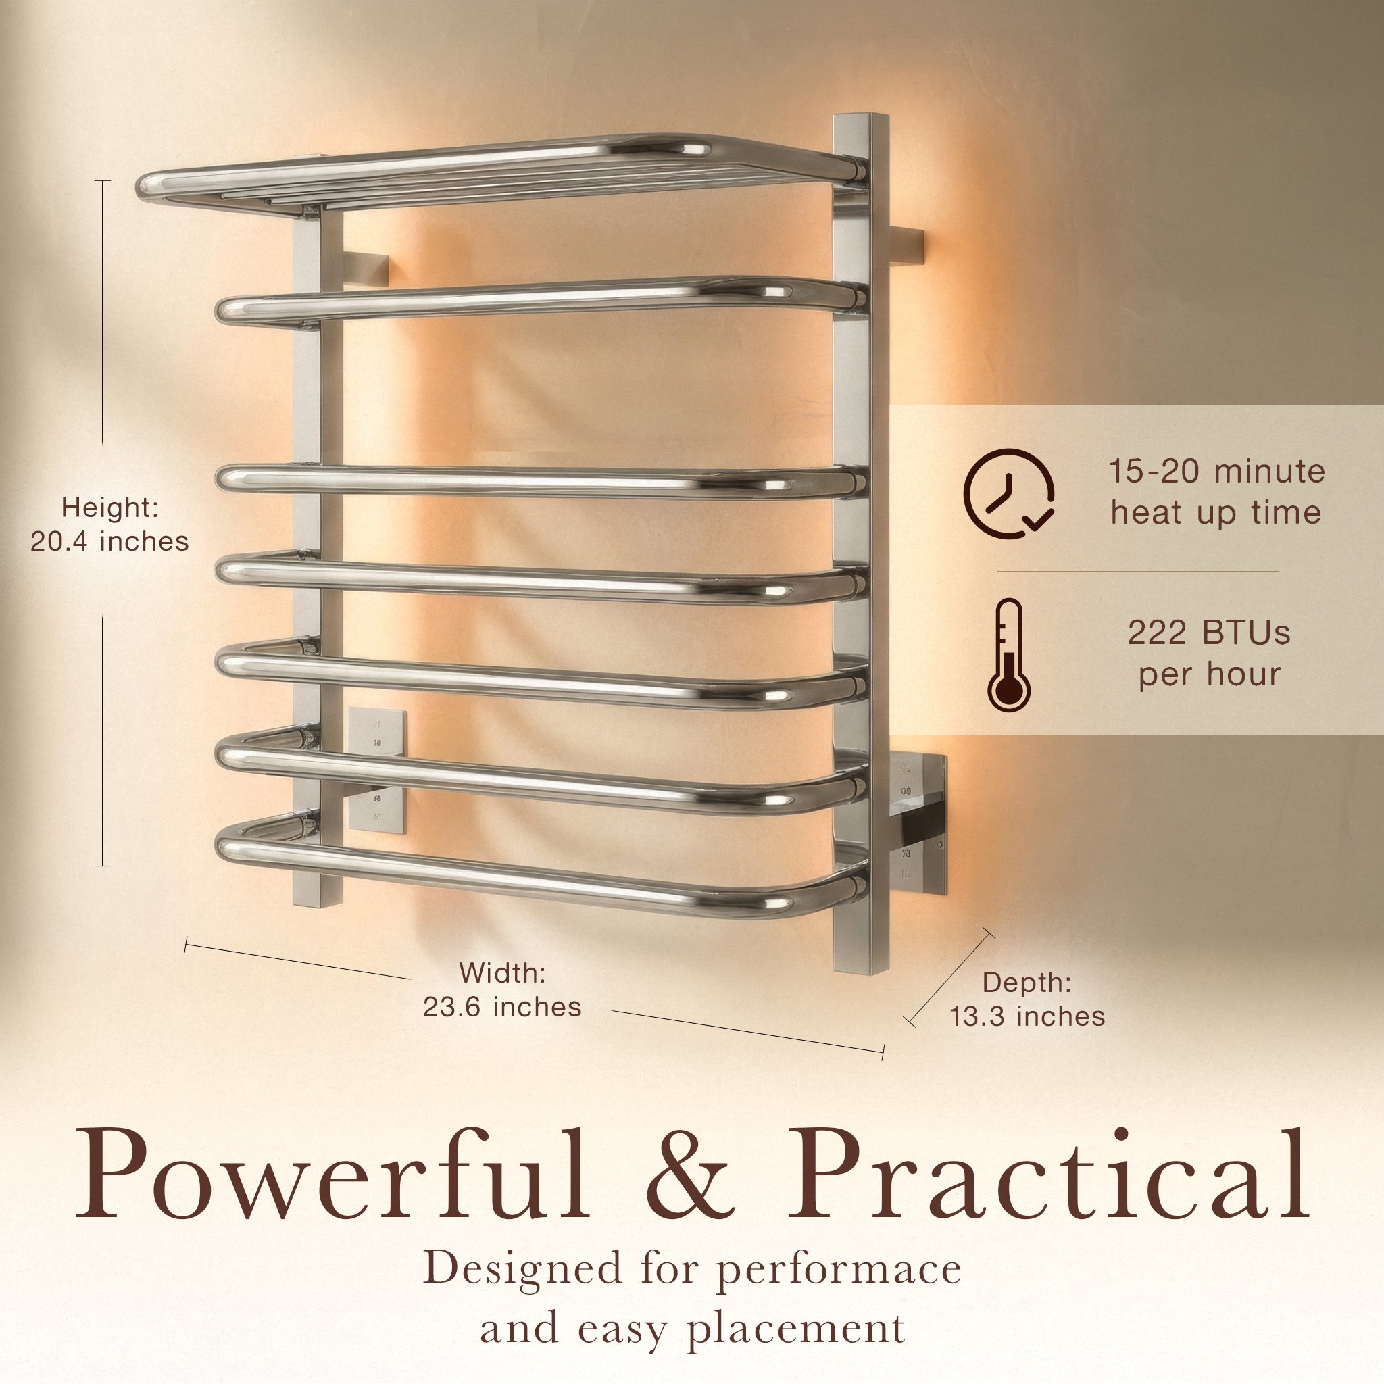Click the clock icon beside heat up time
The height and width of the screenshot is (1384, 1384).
tap(1009, 493)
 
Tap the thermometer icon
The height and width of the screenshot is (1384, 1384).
tap(1009, 656)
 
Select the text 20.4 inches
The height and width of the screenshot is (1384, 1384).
tap(109, 541)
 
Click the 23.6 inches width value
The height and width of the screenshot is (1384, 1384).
tap(502, 1006)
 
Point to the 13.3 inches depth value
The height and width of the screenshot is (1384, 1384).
tap(1027, 1016)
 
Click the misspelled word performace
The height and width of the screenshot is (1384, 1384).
tap(839, 1270)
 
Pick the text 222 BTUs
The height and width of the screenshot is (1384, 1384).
tap(1209, 633)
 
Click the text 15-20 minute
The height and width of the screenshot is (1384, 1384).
tap(1217, 472)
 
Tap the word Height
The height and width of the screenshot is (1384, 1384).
tap(109, 508)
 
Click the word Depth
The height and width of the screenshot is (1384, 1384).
tap(1027, 982)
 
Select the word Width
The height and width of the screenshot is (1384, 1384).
tap(502, 973)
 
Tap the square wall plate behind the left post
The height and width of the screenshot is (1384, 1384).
tap(378, 771)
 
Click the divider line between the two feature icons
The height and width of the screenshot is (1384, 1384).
tap(1137, 572)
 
